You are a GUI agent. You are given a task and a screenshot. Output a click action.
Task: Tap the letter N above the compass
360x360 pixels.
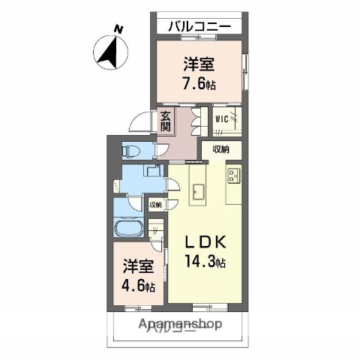pyautogui.click(x=118, y=29)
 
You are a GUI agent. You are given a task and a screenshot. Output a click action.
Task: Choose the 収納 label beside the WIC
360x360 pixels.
pyautogui.click(x=220, y=149)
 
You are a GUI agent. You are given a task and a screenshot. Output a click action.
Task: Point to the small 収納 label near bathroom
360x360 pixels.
pyautogui.click(x=154, y=204)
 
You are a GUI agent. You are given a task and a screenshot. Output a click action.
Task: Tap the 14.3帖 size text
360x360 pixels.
pyautogui.click(x=205, y=262)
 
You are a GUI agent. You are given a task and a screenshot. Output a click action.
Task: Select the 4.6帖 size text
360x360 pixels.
pyautogui.click(x=140, y=287)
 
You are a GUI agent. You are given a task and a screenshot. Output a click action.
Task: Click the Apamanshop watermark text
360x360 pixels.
pyautogui.click(x=179, y=325)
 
